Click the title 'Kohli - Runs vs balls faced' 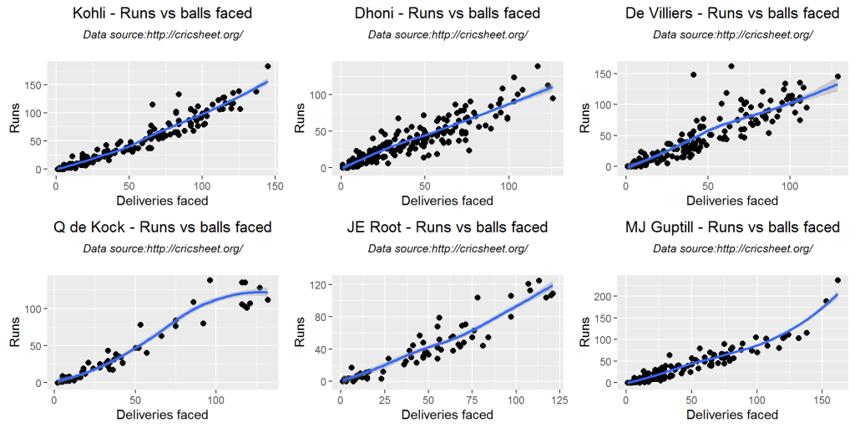(x=162, y=13)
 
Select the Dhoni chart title (x=448, y=13)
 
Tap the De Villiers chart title (x=732, y=13)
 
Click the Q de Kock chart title (x=162, y=227)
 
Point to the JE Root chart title (x=448, y=227)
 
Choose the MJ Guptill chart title (x=732, y=227)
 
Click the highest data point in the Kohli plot (x=267, y=66)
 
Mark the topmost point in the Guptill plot (x=837, y=281)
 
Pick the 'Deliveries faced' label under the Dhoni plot (x=448, y=201)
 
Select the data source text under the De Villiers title (x=732, y=35)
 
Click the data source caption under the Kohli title (x=162, y=35)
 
